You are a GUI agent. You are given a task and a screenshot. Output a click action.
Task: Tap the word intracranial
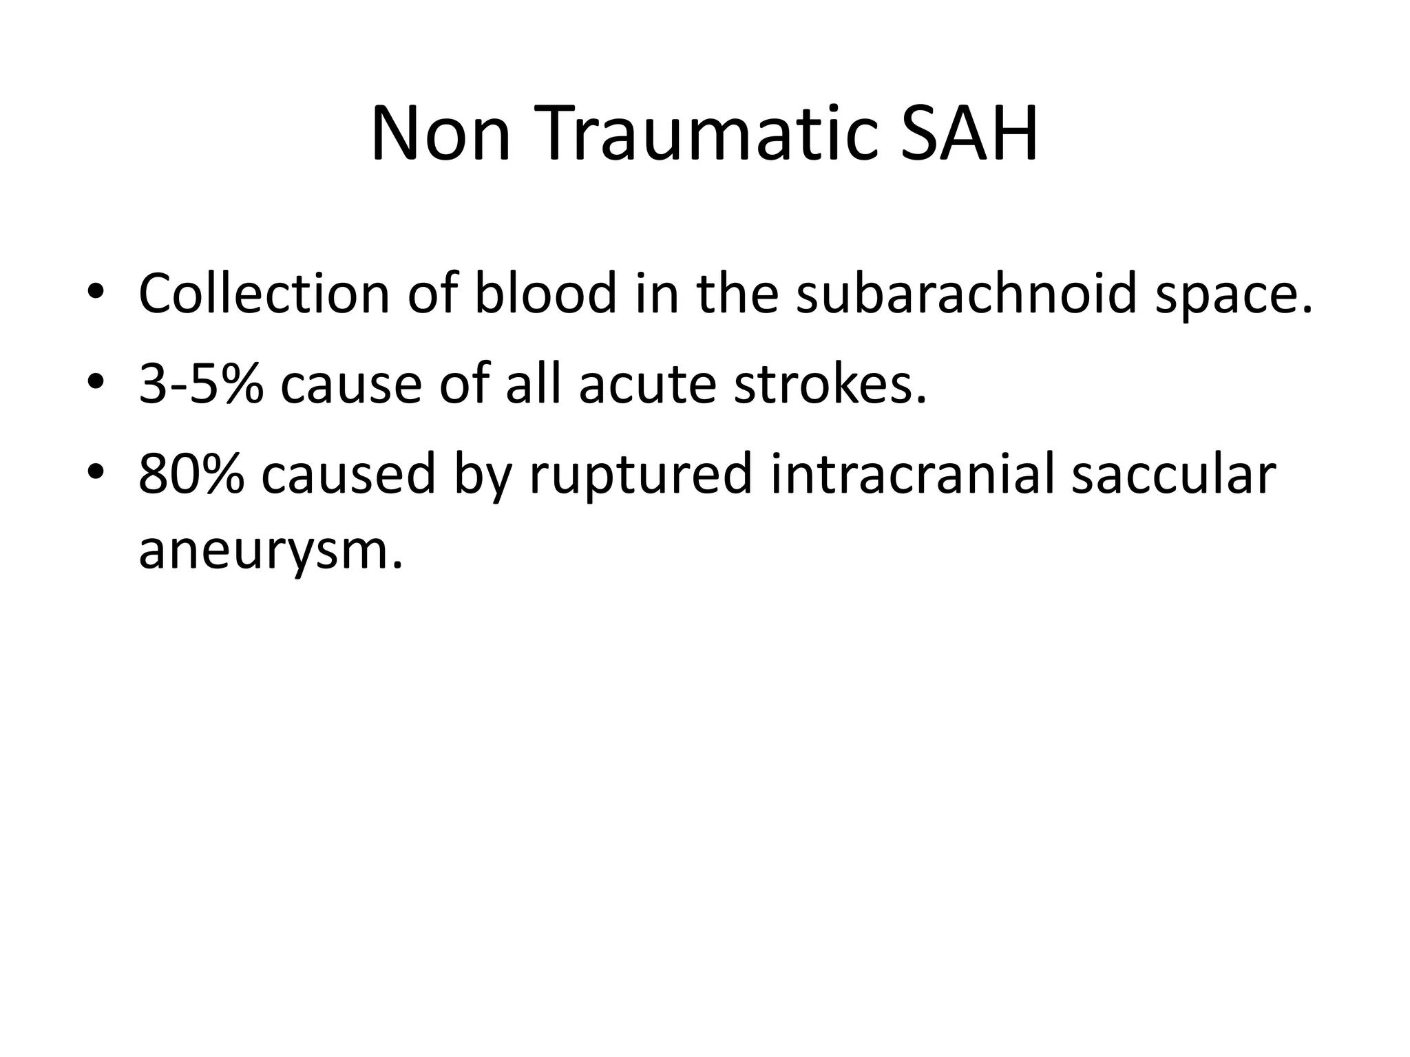(912, 474)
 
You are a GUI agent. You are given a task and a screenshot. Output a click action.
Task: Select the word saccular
(1174, 474)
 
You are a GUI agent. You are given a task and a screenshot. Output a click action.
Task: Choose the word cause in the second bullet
(351, 384)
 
